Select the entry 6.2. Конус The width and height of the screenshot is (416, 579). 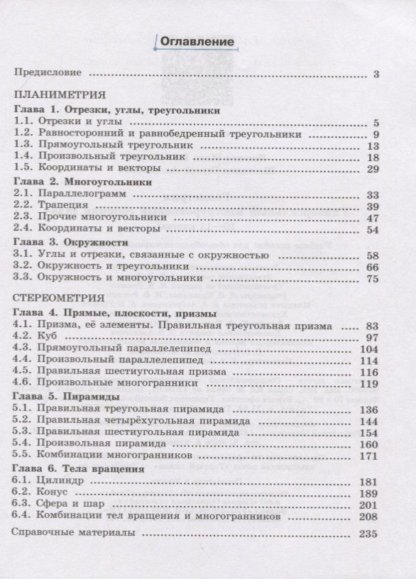(45, 493)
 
